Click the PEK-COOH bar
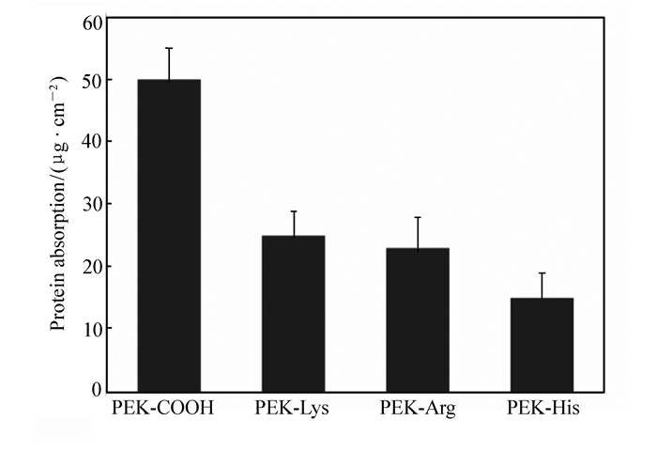coord(169,235)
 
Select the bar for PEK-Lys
coord(294,313)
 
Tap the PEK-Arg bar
coord(418,320)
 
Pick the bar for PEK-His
coord(542,344)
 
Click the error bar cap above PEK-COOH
coord(169,48)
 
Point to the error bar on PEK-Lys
coord(294,223)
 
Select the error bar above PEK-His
coord(542,285)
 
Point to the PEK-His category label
coord(542,410)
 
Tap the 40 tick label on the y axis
coord(91,142)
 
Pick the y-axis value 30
coord(91,204)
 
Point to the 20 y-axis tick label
coord(91,266)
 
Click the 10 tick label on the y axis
coord(91,328)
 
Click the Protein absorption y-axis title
coord(58,202)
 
